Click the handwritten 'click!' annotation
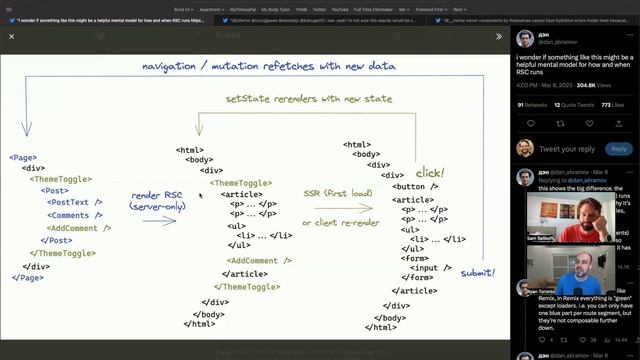(x=430, y=173)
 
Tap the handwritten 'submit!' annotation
(x=478, y=272)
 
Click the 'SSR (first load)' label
(x=336, y=193)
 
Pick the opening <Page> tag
(x=23, y=158)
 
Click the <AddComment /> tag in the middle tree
(x=252, y=261)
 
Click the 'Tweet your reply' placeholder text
(x=567, y=149)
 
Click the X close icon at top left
(x=11, y=36)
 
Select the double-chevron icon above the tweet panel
(x=499, y=36)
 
